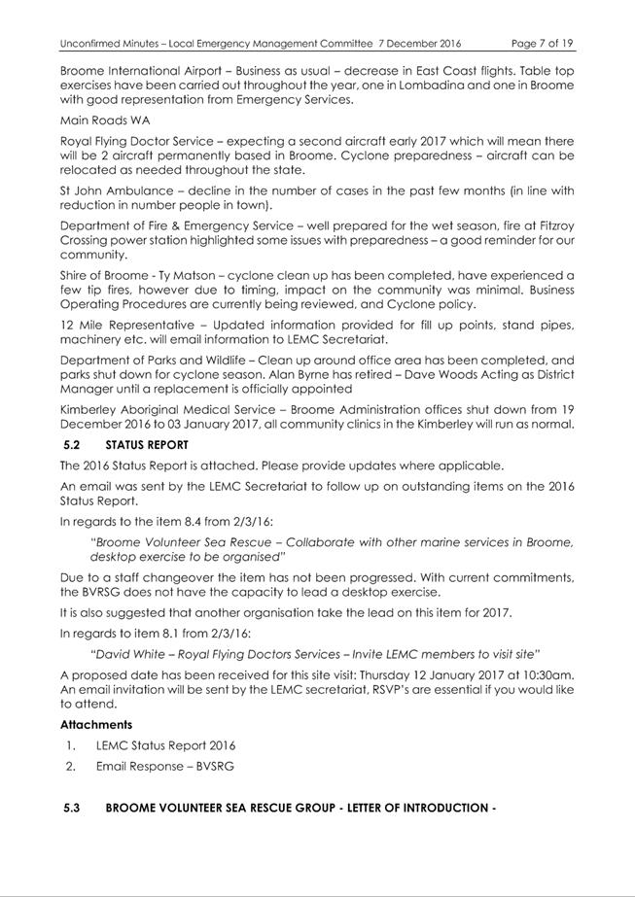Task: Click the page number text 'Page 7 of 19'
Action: (542, 44)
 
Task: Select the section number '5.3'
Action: (71, 808)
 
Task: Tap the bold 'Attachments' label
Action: (96, 725)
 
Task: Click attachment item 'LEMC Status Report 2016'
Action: (165, 746)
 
